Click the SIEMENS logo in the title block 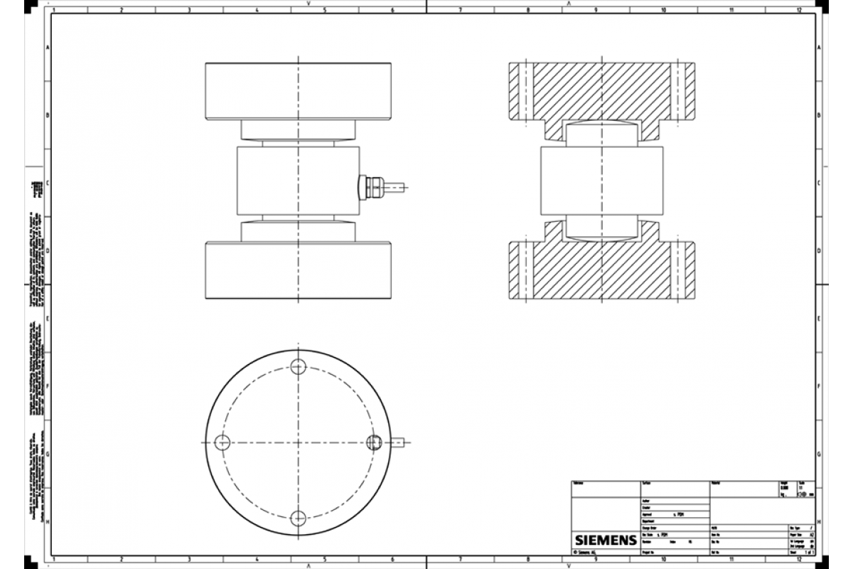coord(605,540)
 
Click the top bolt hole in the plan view coord(299,367)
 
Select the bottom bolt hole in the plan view coord(299,517)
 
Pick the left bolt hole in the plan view coord(223,442)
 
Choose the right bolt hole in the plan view coord(374,442)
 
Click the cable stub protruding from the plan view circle coord(398,442)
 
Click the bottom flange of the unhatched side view coord(299,270)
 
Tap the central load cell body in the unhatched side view coord(299,181)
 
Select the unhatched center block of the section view coord(602,181)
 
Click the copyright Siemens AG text coord(586,552)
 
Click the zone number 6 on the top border coord(392,10)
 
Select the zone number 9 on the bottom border coord(595,559)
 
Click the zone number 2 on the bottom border coord(121,559)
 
